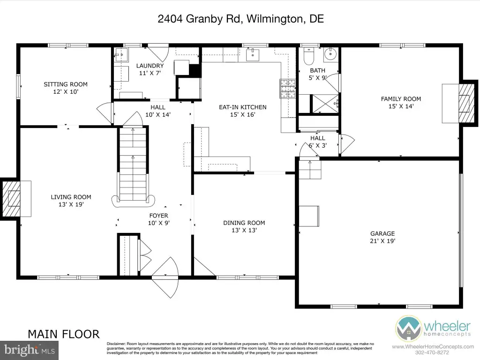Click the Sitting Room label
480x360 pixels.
tap(66, 84)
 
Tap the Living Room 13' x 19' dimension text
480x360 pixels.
tap(71, 204)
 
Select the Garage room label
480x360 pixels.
tap(382, 233)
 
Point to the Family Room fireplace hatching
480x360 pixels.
tap(466, 103)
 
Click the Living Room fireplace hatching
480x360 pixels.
tap(11, 199)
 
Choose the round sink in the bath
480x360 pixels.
tap(330, 54)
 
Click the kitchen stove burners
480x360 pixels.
tap(288, 89)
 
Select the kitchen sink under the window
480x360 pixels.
tap(253, 55)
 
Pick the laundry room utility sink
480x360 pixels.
tap(121, 55)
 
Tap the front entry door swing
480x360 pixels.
tap(165, 277)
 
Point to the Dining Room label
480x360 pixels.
tap(244, 223)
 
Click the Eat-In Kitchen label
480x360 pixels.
tap(243, 107)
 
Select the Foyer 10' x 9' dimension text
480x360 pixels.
tap(159, 223)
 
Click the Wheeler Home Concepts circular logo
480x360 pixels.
tap(408, 329)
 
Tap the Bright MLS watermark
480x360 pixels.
tap(29, 350)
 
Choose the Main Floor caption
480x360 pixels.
tap(64, 334)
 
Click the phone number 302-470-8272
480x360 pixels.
tap(432, 352)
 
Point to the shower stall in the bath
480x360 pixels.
tap(325, 104)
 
